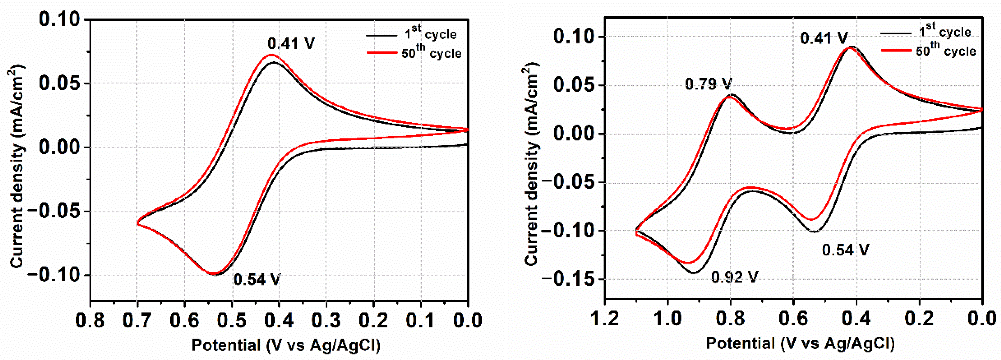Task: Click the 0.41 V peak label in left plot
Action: click(x=291, y=43)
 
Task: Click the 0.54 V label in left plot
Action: click(x=257, y=279)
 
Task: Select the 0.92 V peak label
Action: click(x=734, y=277)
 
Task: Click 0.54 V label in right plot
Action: click(x=845, y=250)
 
